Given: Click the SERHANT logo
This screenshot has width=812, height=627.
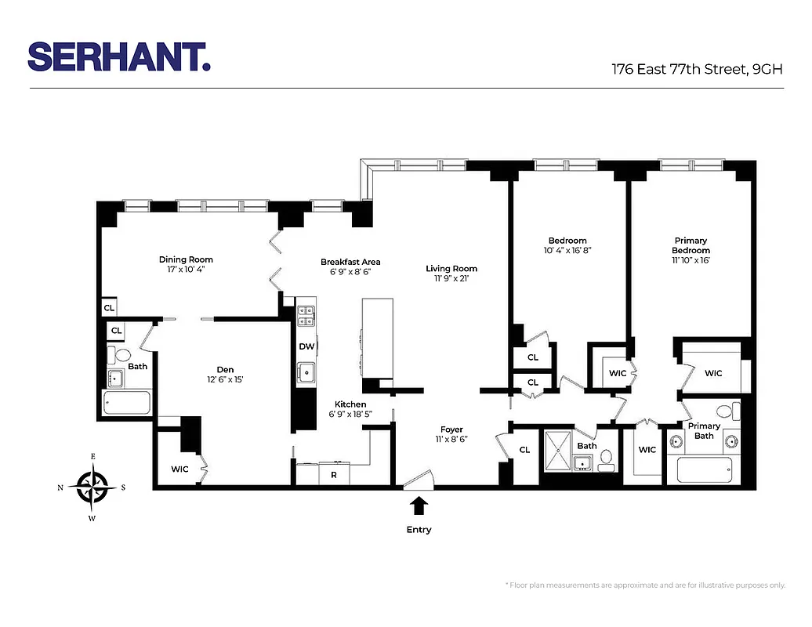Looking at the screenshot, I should click(x=119, y=56).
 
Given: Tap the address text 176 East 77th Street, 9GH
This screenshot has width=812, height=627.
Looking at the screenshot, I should click(x=698, y=68).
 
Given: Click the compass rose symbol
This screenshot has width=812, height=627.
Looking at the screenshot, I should click(x=92, y=487).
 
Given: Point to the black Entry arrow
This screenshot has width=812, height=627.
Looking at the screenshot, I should click(x=419, y=506).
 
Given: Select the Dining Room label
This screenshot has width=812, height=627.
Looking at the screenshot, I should click(x=186, y=259).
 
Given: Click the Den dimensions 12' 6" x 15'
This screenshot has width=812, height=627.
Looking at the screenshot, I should click(x=225, y=380).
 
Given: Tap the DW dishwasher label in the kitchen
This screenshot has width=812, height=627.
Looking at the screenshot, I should click(x=306, y=346).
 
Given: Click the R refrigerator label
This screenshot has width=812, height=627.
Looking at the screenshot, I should click(x=334, y=475).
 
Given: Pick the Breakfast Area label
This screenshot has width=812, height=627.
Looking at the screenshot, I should click(x=350, y=262).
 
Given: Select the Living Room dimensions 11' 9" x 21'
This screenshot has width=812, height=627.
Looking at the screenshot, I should click(x=451, y=278).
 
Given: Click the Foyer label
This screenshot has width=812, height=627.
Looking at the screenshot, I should click(x=451, y=429).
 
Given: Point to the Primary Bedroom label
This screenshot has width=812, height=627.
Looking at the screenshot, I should click(x=691, y=245).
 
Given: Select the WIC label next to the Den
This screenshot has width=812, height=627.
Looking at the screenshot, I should click(x=180, y=469).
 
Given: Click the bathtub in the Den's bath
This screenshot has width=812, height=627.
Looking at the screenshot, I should click(x=127, y=404).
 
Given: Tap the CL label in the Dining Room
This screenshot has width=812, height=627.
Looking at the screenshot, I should click(x=109, y=308).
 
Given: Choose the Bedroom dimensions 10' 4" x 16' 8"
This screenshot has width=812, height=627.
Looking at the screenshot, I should click(x=567, y=251).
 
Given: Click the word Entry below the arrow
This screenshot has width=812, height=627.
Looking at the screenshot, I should click(x=419, y=530).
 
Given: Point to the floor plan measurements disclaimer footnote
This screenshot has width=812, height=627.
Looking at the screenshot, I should click(x=646, y=585).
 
